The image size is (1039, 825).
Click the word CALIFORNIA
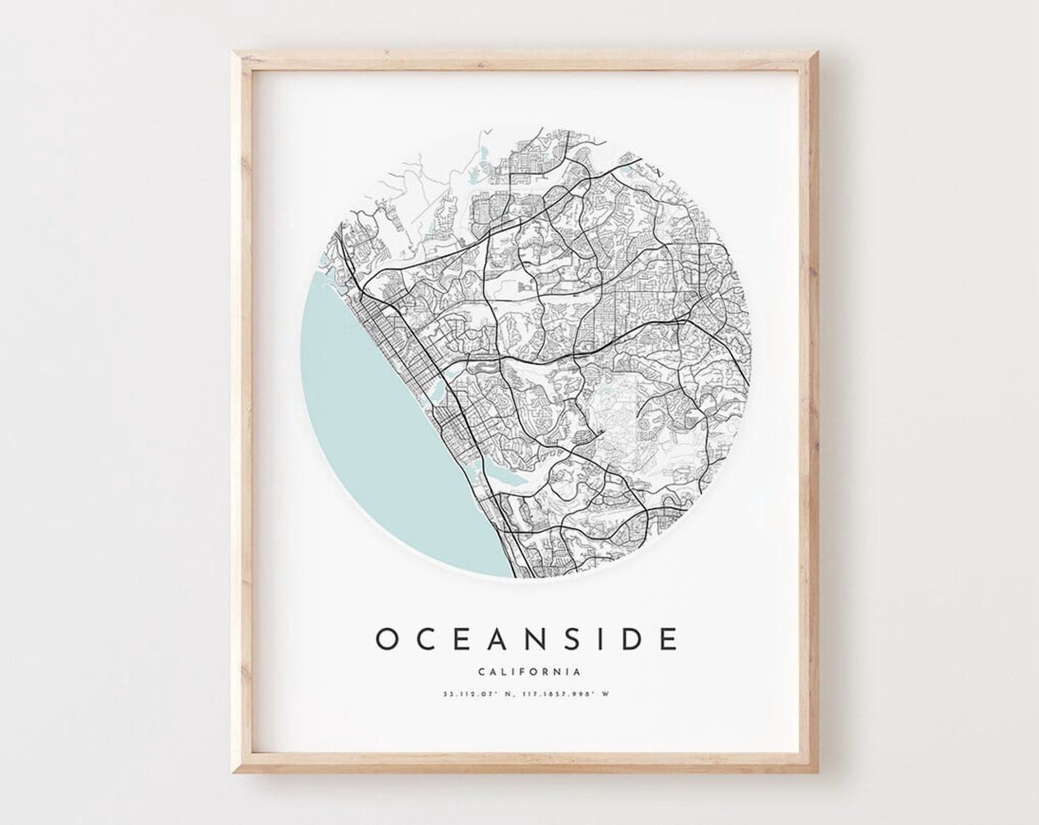click(529, 672)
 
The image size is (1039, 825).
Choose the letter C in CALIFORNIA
click(481, 672)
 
